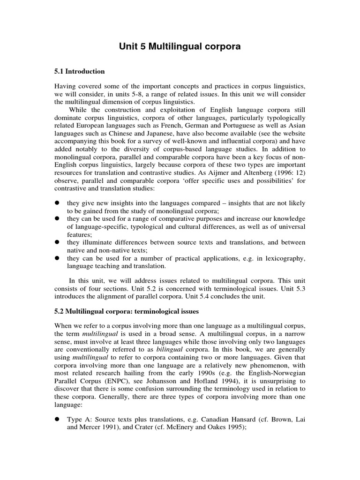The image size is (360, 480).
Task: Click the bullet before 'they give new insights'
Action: click(x=58, y=203)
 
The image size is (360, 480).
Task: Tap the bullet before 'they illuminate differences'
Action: click(x=58, y=242)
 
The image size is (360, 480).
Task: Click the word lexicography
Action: click(x=284, y=258)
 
